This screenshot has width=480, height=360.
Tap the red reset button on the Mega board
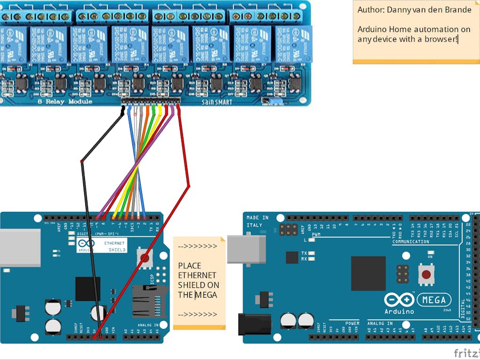(x=426, y=275)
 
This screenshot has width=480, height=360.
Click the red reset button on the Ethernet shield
(x=144, y=258)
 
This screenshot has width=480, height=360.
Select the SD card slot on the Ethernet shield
(x=149, y=301)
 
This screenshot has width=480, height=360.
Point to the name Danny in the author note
(x=397, y=10)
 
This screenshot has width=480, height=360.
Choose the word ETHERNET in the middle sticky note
(x=197, y=275)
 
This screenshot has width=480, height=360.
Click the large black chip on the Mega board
(x=368, y=273)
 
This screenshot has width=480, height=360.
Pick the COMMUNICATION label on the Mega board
(x=411, y=242)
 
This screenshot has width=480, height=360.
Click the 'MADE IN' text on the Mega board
(x=258, y=218)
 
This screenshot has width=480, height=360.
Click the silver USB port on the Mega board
(x=246, y=249)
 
